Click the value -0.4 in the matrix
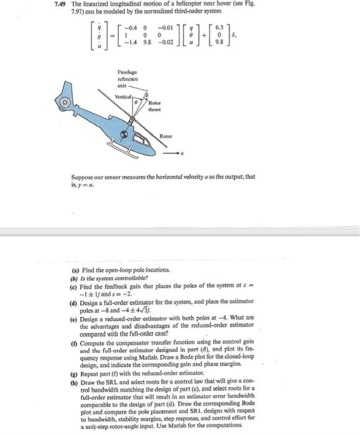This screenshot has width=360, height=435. click(131, 28)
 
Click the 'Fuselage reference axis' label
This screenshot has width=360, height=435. click(127, 80)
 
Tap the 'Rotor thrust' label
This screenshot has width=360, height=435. click(155, 106)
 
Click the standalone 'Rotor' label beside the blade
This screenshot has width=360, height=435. click(165, 135)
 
